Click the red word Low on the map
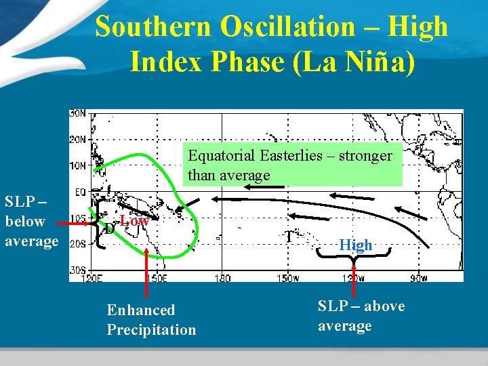(x=134, y=221)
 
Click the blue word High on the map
(x=356, y=245)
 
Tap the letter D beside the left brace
(x=109, y=228)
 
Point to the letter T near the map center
(x=289, y=237)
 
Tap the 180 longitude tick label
(x=222, y=277)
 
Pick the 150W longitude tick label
(x=287, y=277)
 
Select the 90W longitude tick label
(x=419, y=277)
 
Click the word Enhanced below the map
(x=141, y=310)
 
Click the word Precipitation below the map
(x=151, y=330)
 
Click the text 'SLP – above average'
(x=361, y=316)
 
